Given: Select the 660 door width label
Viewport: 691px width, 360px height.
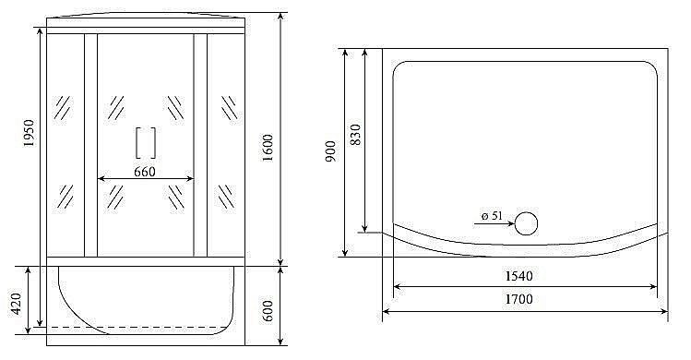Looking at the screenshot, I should [x=145, y=171].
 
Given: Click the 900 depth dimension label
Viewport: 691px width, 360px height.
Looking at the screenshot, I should [x=330, y=152].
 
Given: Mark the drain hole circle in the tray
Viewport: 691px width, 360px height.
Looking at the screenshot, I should [x=526, y=222].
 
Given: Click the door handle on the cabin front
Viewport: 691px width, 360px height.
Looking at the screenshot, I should [x=146, y=143].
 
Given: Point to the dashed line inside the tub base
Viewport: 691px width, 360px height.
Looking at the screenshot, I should [x=138, y=327].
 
